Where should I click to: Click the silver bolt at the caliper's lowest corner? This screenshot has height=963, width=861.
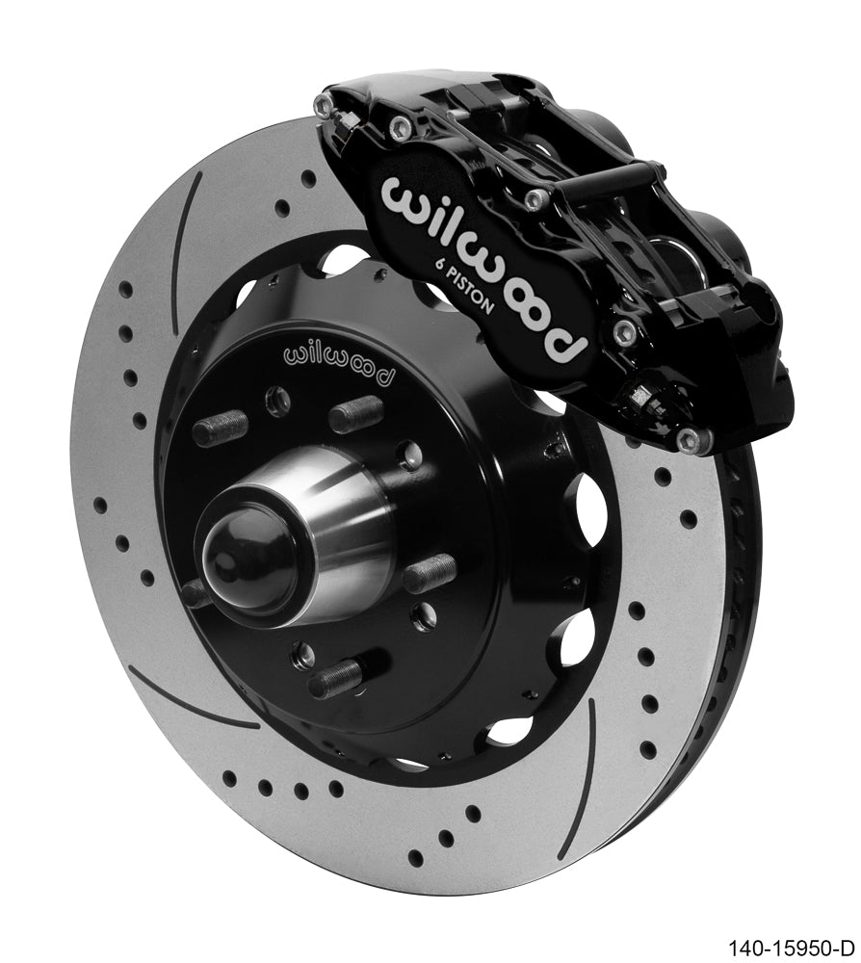(689, 441)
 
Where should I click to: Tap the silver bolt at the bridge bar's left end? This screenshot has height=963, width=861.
(533, 198)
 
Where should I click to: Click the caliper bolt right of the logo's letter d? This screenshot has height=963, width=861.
(627, 331)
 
